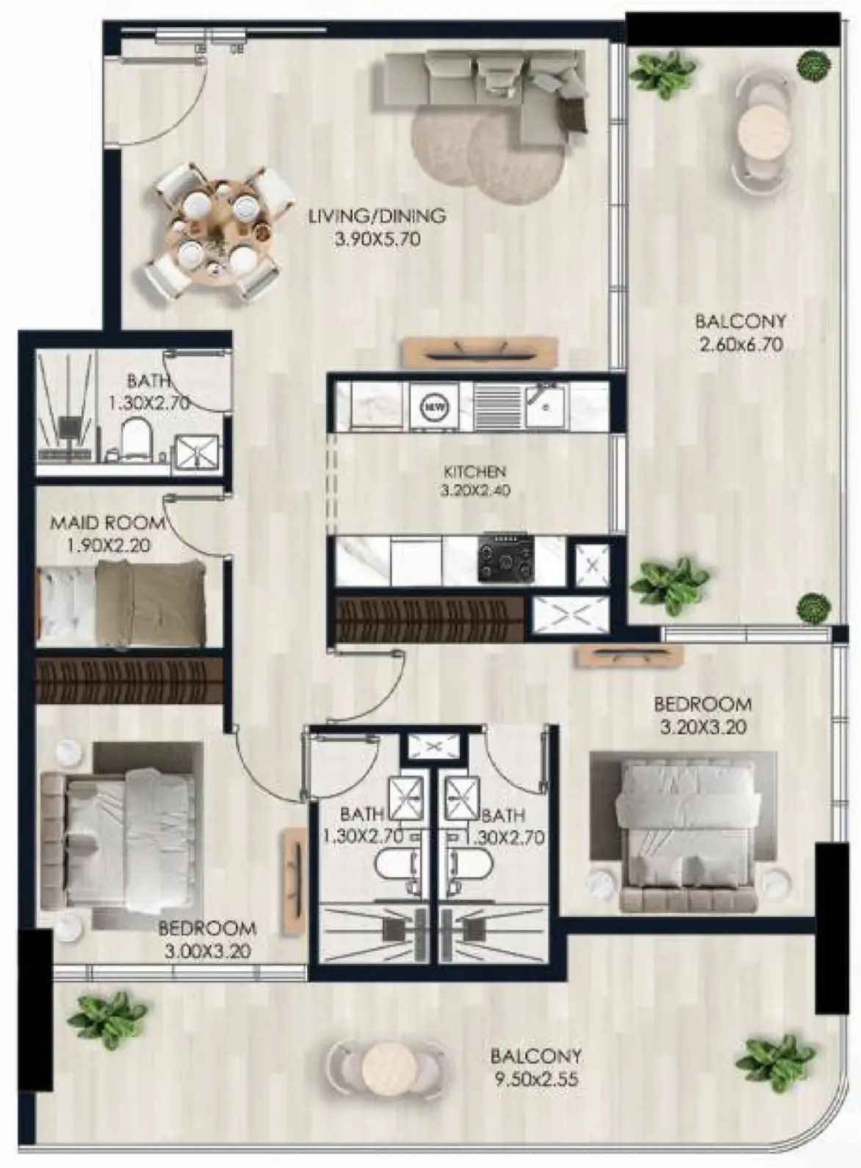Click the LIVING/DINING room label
[x=377, y=215]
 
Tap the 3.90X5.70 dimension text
[x=377, y=239]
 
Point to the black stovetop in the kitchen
[x=506, y=558]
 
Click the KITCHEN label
[x=475, y=472]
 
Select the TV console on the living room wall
[x=481, y=353]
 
